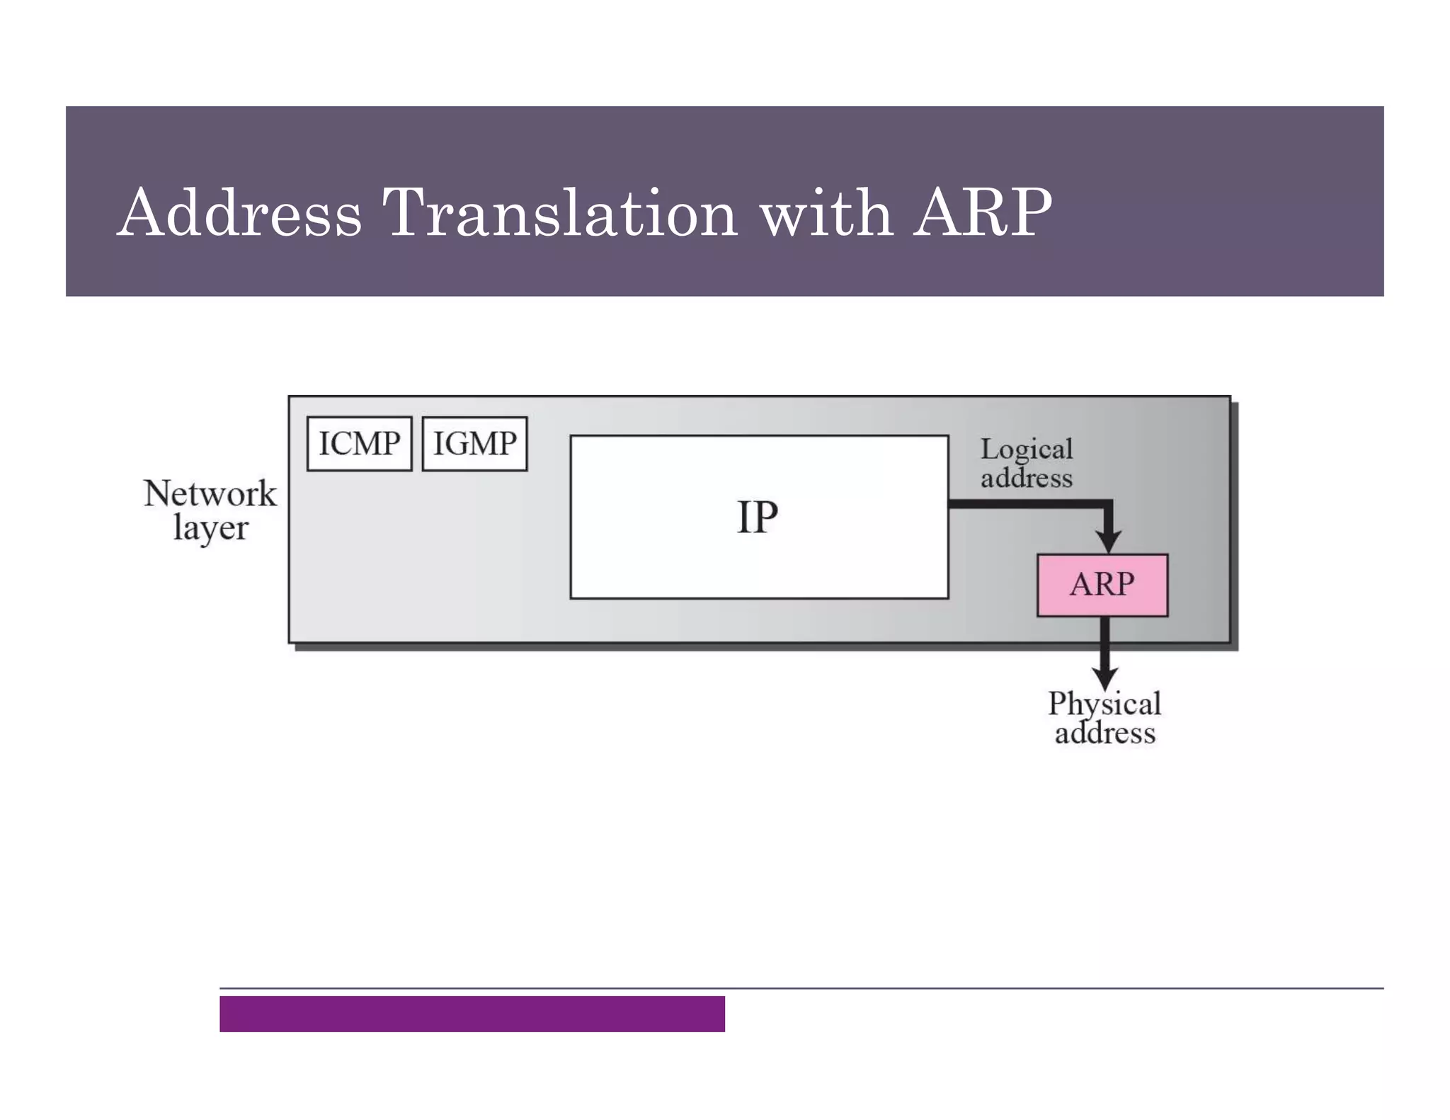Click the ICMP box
coord(359,444)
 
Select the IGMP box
coord(474,444)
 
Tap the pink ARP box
coord(1102,585)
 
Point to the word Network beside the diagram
coord(210,493)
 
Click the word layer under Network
coord(210,528)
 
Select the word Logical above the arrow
coord(1026,450)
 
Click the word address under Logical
coord(1026,479)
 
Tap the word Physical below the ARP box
coord(1104,704)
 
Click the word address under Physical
coord(1104,733)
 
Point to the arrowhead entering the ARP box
coord(1108,542)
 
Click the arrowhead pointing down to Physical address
coord(1104,676)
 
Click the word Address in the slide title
coord(239,212)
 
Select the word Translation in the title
coord(559,212)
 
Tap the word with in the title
coord(826,212)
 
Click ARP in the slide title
coord(982,212)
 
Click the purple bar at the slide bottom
coord(472,1014)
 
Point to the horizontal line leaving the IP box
coord(1027,504)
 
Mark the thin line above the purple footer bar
coord(800,988)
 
